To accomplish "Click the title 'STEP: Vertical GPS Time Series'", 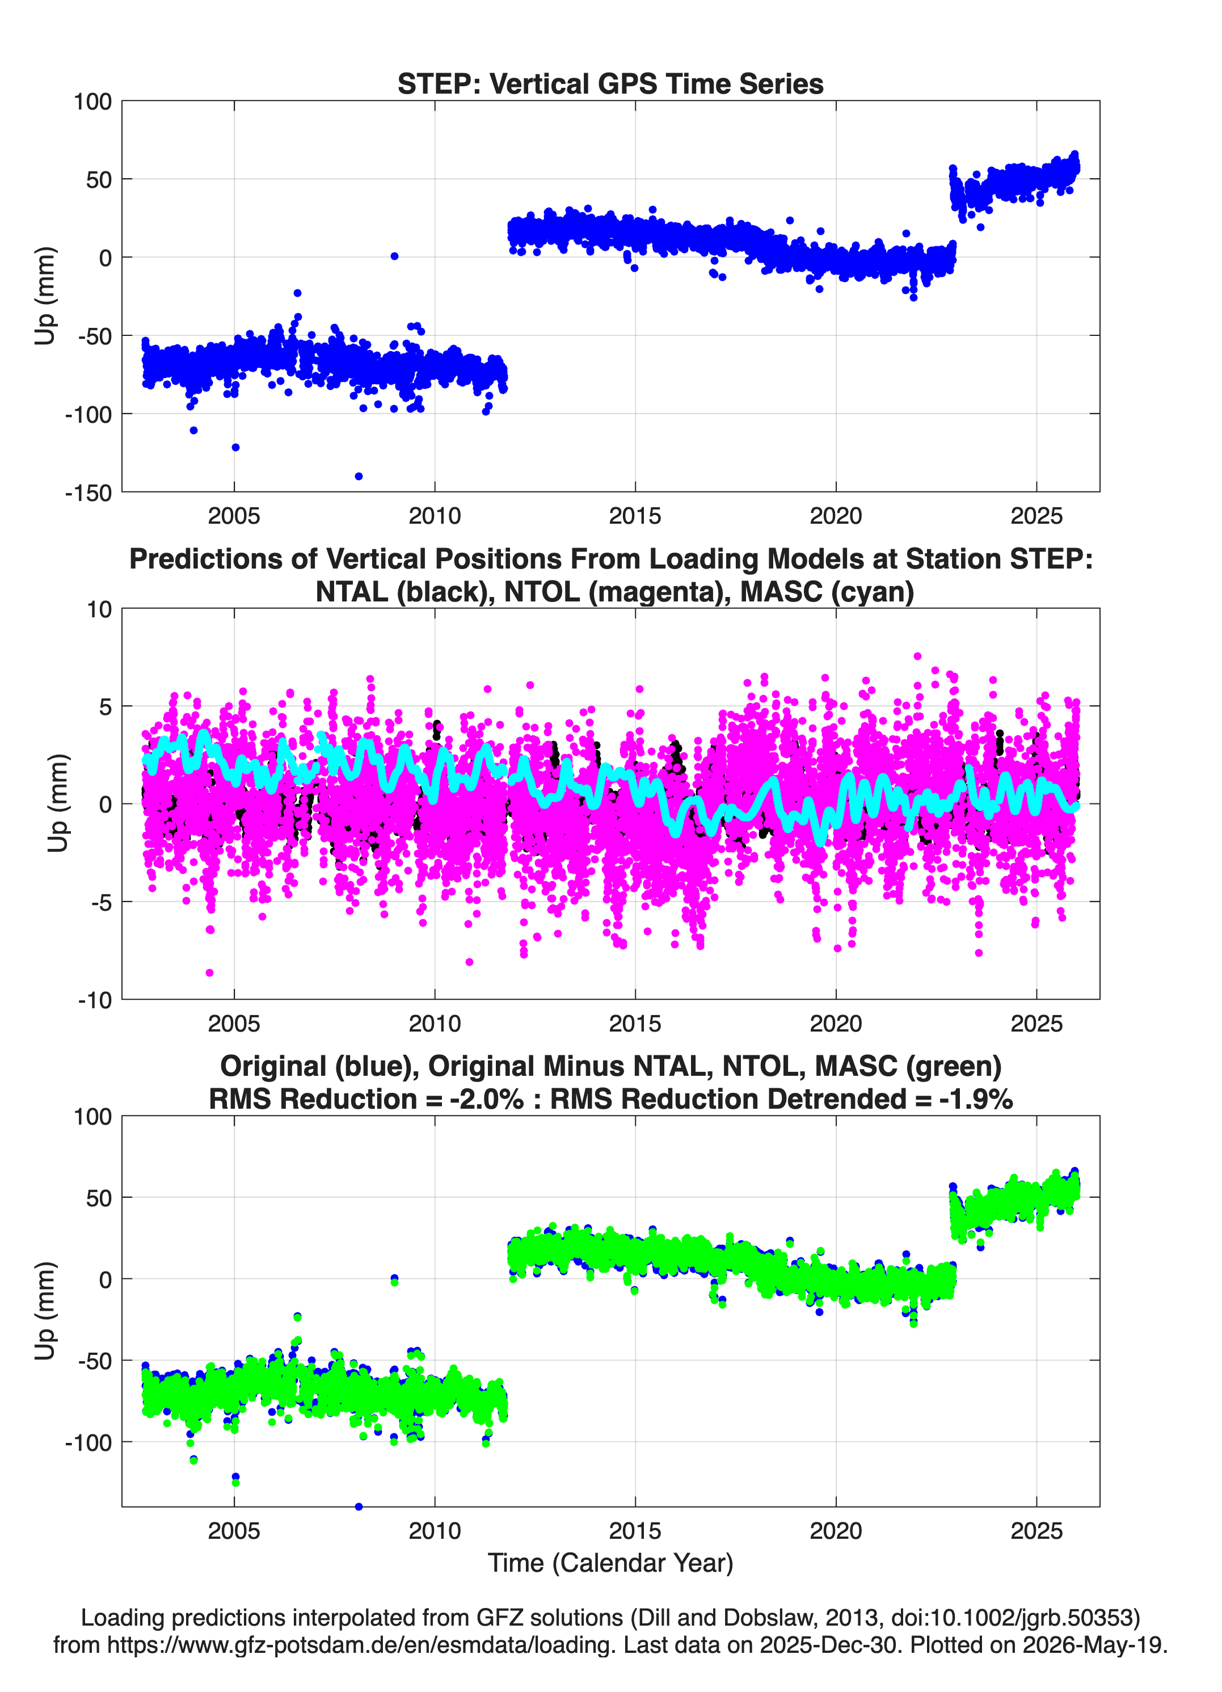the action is click(610, 83).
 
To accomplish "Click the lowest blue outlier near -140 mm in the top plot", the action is click(359, 476).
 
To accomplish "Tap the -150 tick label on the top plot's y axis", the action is click(88, 493).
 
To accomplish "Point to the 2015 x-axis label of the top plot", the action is click(635, 516).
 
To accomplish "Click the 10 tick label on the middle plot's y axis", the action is click(99, 609).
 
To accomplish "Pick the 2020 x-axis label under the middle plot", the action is click(836, 1024).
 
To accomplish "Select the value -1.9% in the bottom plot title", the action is click(976, 1099).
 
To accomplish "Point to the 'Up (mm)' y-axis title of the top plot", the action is click(45, 296).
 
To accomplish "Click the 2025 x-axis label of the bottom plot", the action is click(1036, 1531).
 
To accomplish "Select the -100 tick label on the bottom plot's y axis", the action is click(88, 1443).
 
